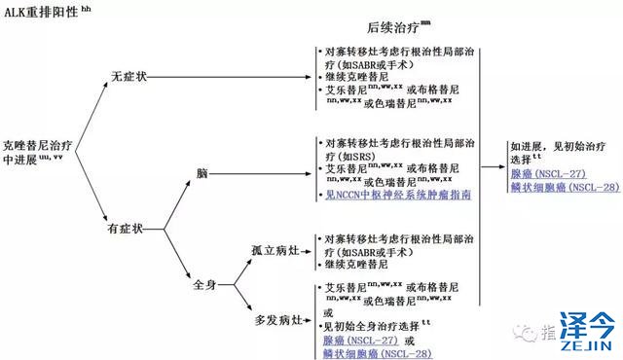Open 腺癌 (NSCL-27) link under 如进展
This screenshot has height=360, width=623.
click(x=546, y=172)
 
